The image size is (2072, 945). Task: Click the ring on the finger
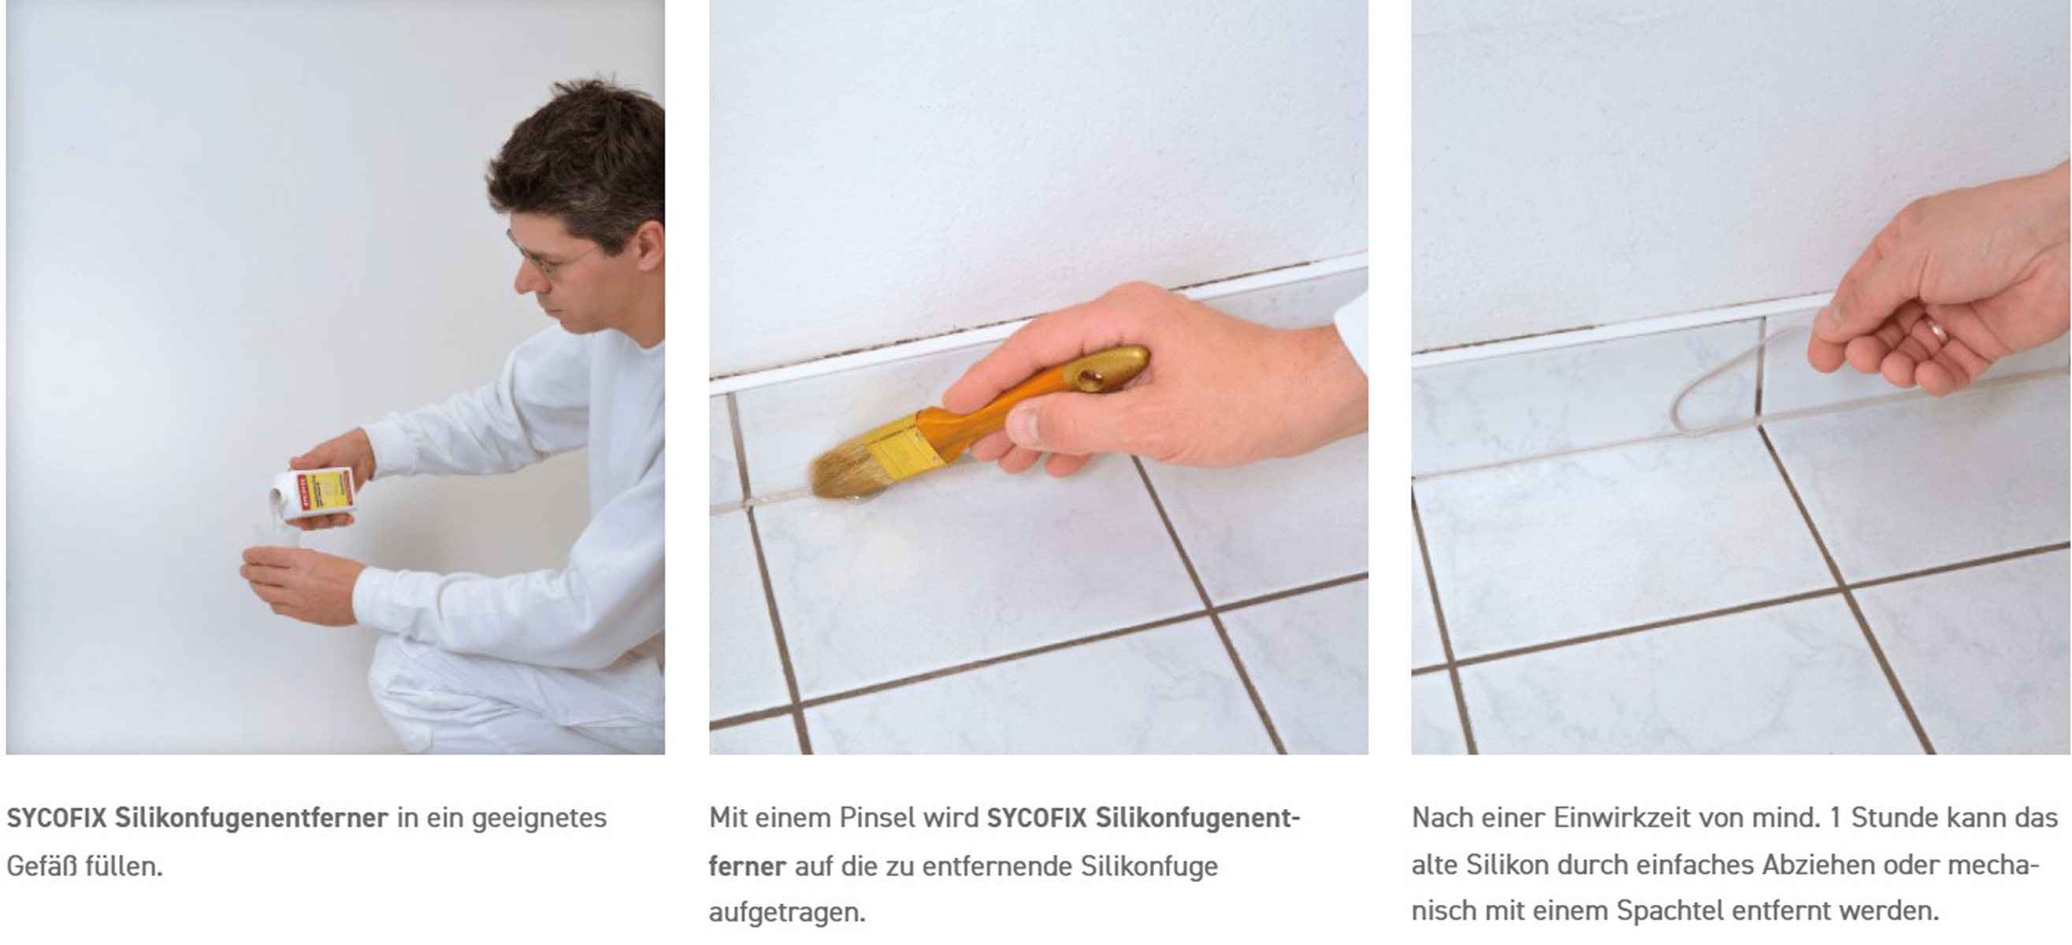click(x=1933, y=330)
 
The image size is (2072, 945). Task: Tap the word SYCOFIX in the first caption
click(x=56, y=818)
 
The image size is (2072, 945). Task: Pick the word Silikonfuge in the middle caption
click(x=1149, y=866)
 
